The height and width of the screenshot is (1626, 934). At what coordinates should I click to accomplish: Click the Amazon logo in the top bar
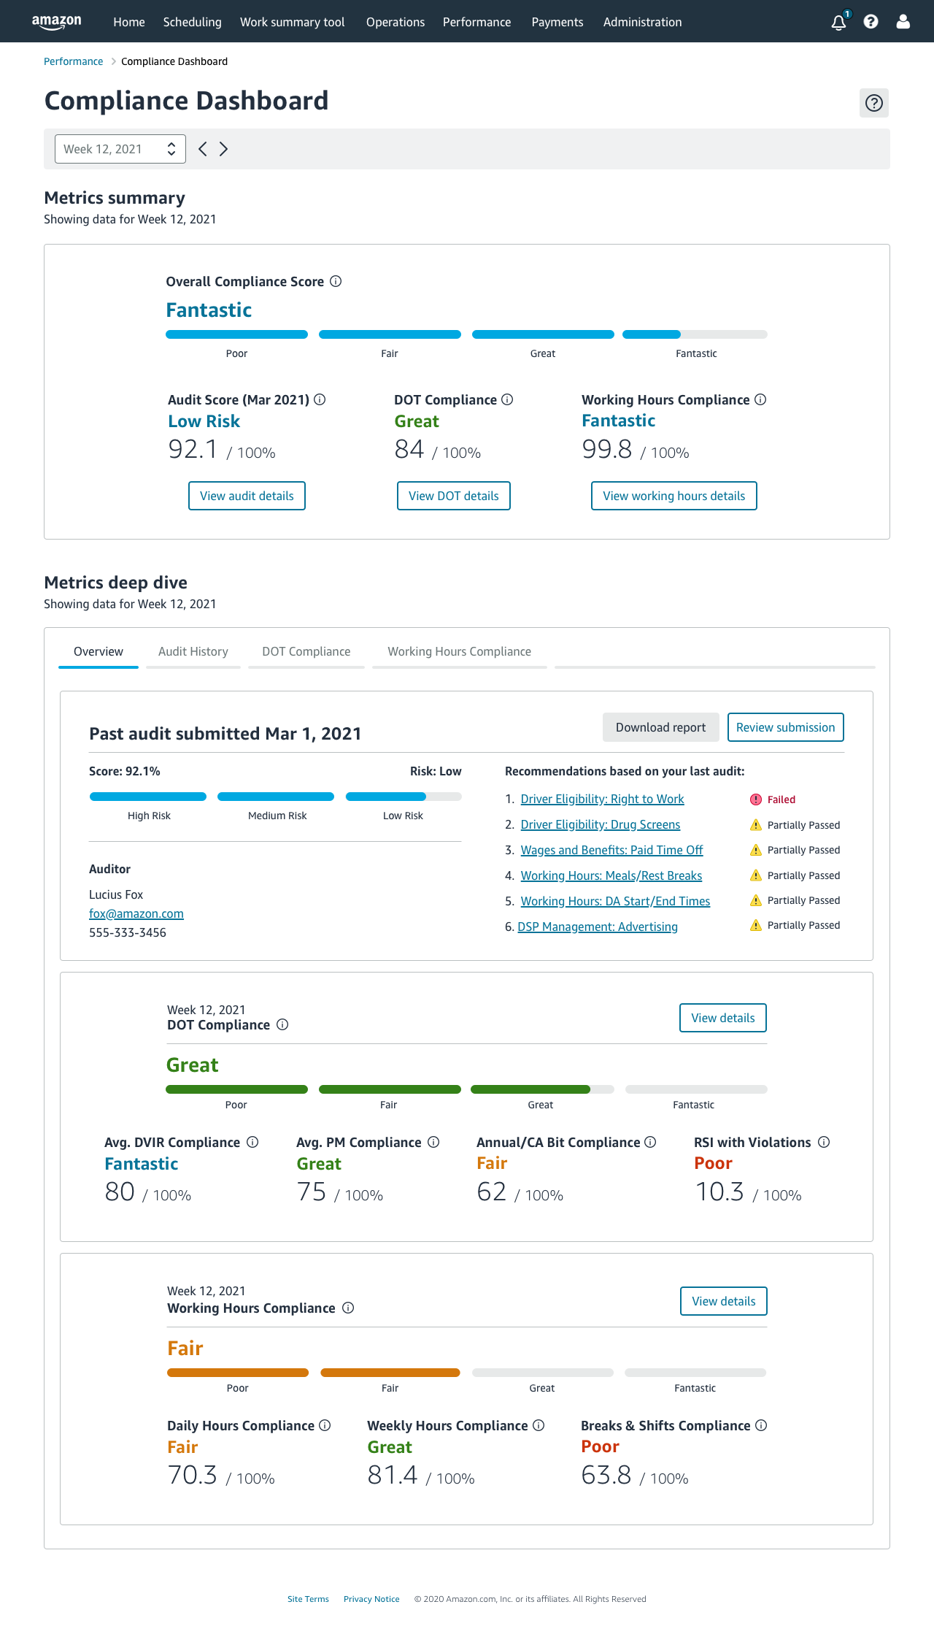(x=56, y=22)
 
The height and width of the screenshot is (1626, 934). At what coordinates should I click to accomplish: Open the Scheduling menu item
(x=192, y=22)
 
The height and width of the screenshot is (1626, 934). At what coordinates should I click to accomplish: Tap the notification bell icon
(x=838, y=22)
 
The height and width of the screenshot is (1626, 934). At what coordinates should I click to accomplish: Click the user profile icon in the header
(x=903, y=22)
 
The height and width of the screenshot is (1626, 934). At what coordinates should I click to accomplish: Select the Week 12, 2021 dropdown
(x=120, y=149)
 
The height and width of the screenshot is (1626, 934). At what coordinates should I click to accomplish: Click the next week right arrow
(x=224, y=149)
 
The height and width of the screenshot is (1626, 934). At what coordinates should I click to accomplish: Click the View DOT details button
(x=453, y=496)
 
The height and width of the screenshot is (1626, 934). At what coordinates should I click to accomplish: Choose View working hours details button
(x=674, y=496)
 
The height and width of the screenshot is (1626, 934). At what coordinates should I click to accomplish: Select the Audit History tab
(x=193, y=651)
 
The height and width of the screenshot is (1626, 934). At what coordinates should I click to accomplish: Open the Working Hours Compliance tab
(x=459, y=651)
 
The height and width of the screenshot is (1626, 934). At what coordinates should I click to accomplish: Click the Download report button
(x=660, y=727)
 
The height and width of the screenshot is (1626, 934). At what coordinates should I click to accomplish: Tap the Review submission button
(x=785, y=727)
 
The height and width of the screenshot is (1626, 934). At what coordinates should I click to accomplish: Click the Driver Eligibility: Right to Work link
(x=602, y=799)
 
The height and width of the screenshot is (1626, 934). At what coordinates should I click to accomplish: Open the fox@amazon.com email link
(x=136, y=913)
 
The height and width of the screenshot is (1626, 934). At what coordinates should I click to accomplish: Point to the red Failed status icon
(x=756, y=799)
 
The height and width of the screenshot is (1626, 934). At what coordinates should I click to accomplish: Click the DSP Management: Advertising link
(x=598, y=927)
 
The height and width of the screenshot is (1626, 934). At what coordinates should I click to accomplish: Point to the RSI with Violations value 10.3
(x=719, y=1192)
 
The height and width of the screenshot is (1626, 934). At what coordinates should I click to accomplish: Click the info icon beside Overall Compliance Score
(x=336, y=281)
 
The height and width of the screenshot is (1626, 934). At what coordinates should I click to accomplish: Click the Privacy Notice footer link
(x=371, y=1599)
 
